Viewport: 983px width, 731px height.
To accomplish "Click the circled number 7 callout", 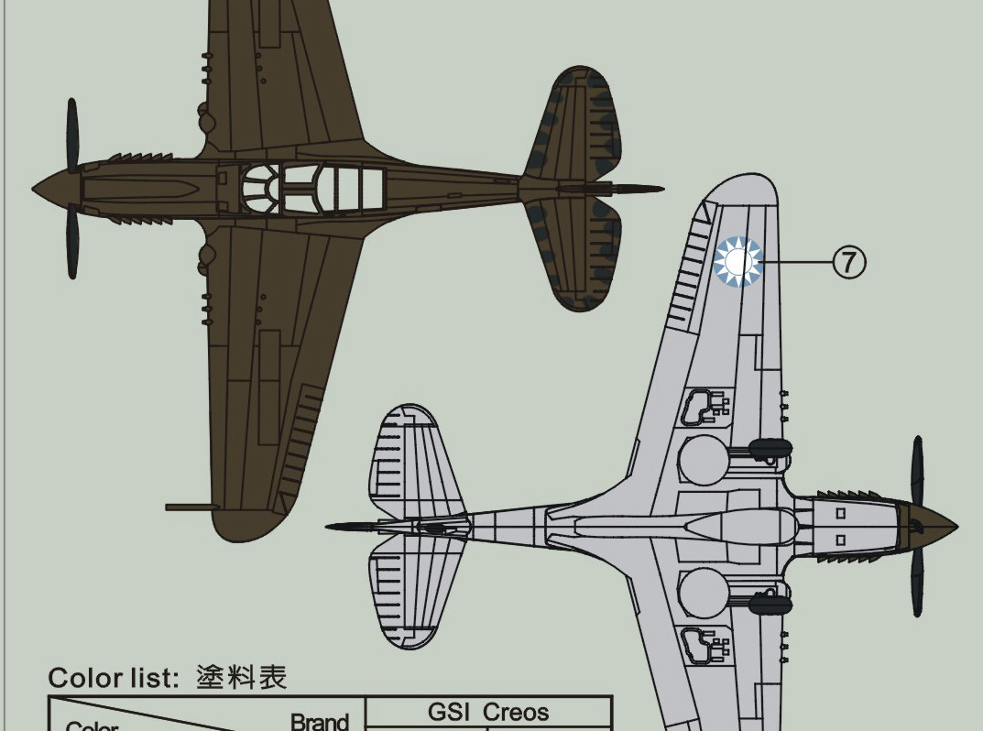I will (848, 262).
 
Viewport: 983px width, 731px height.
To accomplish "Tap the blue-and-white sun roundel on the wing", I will (738, 262).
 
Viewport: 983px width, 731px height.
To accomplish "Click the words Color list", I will (113, 679).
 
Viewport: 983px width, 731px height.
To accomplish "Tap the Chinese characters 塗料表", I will (241, 678).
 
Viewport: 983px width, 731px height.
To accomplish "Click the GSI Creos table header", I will (488, 713).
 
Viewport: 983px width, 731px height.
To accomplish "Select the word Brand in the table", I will (320, 722).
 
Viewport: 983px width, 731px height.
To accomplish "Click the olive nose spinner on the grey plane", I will (934, 527).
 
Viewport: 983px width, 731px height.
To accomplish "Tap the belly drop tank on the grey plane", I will (724, 527).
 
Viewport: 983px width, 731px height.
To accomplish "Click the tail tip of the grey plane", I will (332, 527).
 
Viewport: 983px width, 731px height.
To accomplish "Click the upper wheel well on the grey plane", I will (704, 457).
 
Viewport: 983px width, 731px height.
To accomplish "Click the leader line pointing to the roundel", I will (797, 262).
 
